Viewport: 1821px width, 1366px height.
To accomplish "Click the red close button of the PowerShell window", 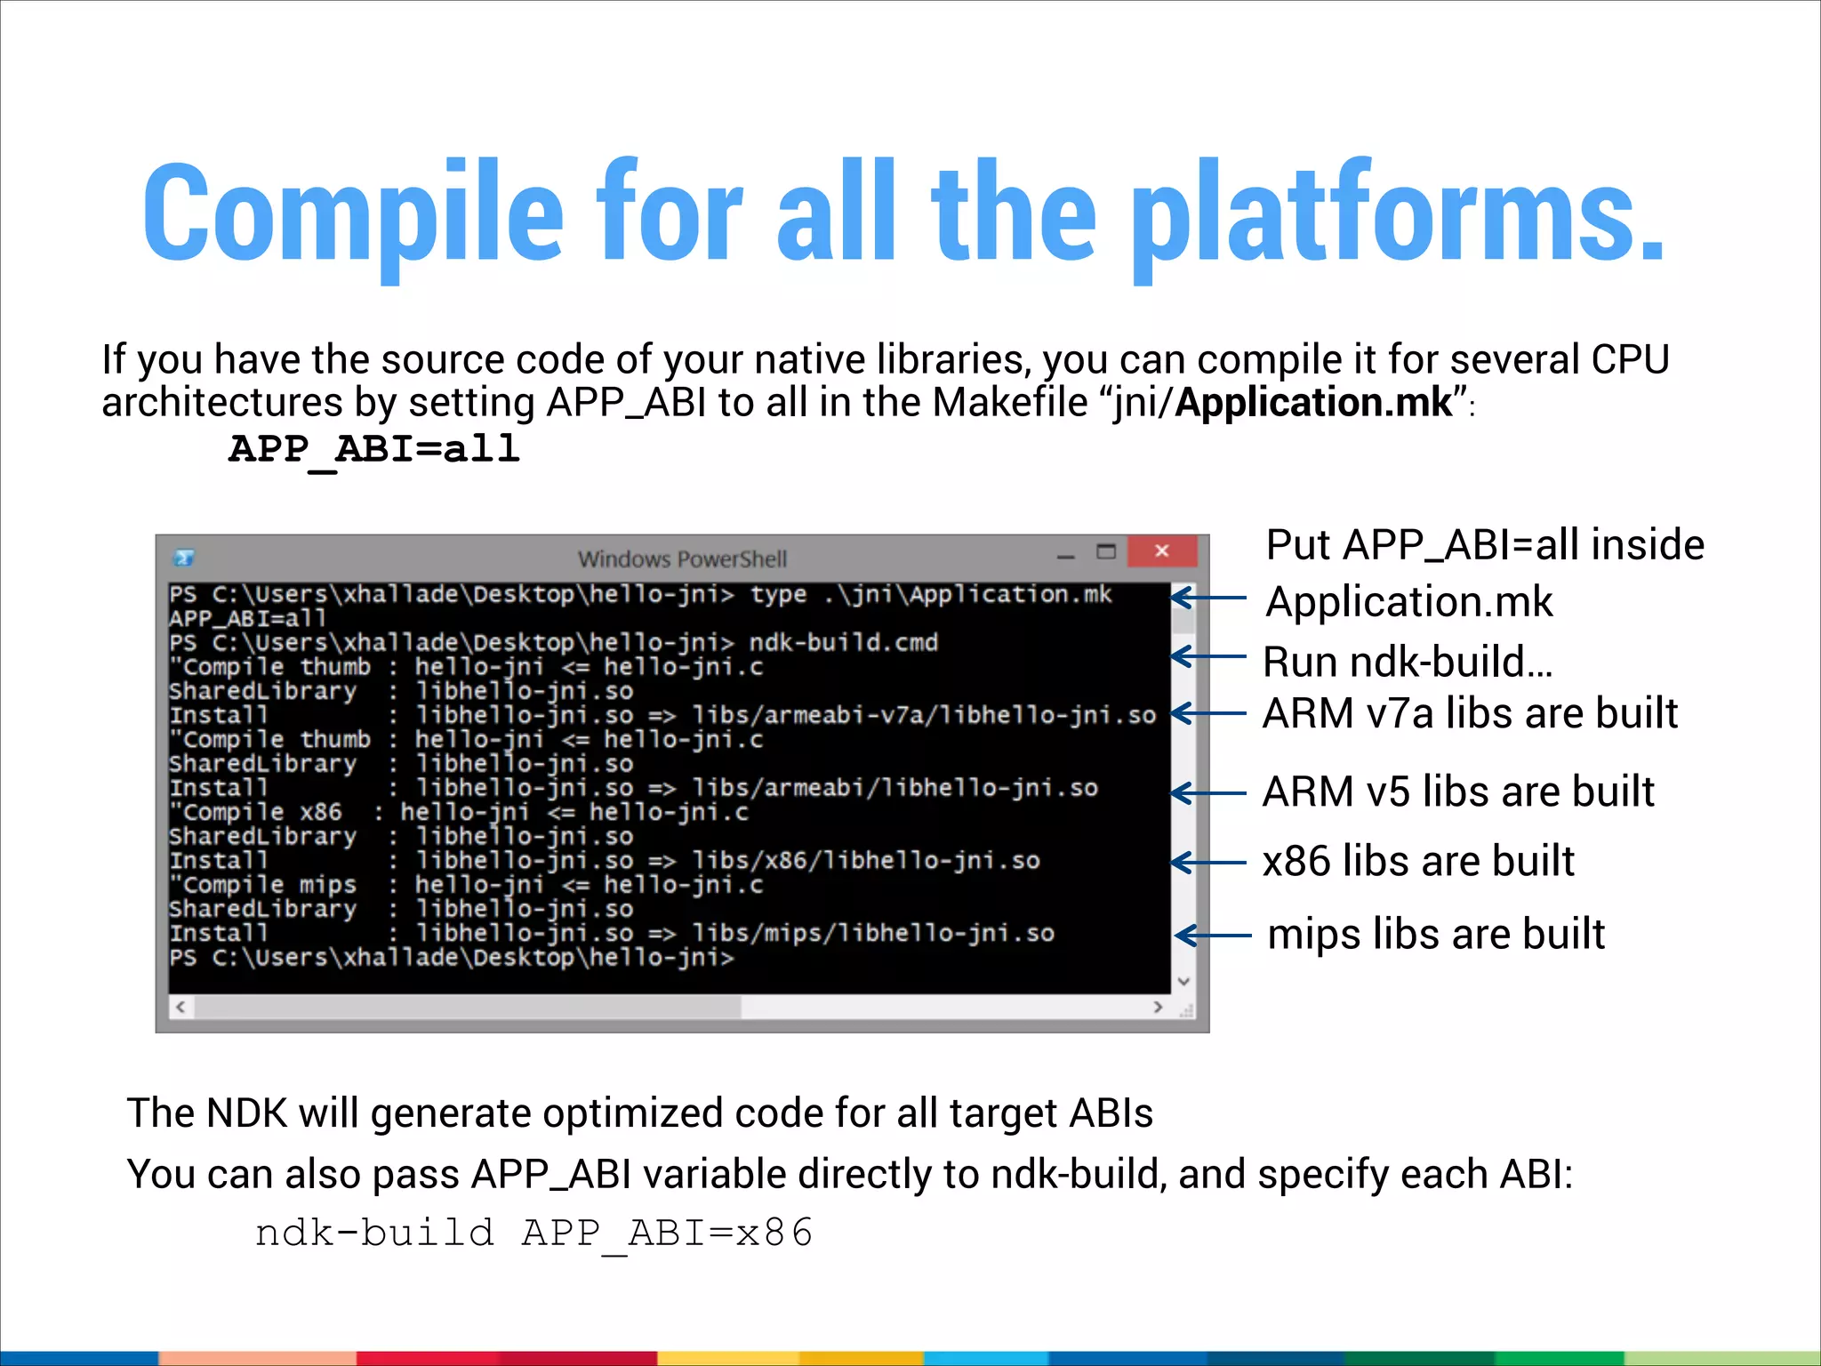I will pyautogui.click(x=1161, y=551).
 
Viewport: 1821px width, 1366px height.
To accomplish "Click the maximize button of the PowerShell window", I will pyautogui.click(x=1106, y=552).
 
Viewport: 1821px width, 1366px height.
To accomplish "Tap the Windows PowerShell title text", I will pyautogui.click(x=682, y=559).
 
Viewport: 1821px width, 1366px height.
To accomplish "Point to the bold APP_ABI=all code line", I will pyautogui.click(x=374, y=448).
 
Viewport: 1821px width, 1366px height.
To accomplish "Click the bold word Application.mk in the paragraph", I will pyautogui.click(x=1313, y=403).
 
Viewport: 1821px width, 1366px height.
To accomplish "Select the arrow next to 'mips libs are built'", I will pyautogui.click(x=1213, y=936).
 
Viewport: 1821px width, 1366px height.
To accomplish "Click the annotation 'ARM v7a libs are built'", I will pyautogui.click(x=1470, y=713).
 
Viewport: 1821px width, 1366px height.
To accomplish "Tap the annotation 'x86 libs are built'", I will pyautogui.click(x=1418, y=861).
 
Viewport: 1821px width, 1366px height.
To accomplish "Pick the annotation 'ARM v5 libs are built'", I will pyautogui.click(x=1458, y=791).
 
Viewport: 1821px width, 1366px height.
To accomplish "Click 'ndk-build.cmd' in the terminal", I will pyautogui.click(x=843, y=642).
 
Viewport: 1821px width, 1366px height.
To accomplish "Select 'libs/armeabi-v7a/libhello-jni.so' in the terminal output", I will pyautogui.click(x=924, y=715).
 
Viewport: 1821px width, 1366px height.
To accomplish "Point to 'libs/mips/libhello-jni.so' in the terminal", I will pyautogui.click(x=873, y=933).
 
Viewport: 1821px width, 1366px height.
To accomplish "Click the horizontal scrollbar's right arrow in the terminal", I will pyautogui.click(x=1158, y=1007).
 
